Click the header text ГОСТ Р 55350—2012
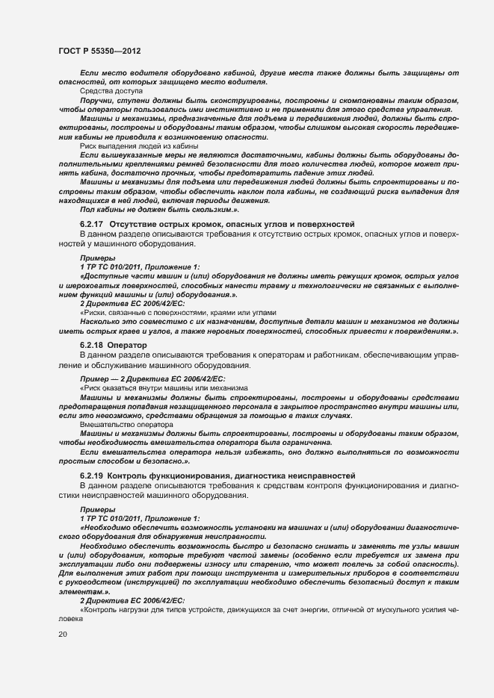(99, 51)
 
